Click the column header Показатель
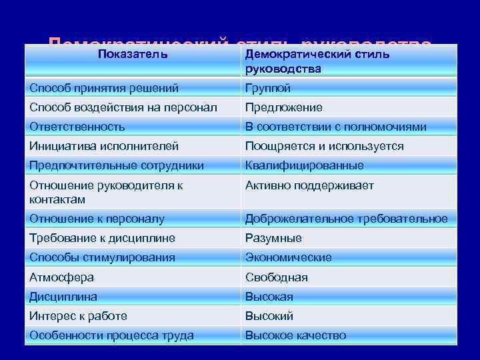133,53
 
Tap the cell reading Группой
268,88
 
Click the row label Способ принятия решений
104,88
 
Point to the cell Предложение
284,107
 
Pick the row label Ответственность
77,127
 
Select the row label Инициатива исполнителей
104,146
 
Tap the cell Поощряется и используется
324,146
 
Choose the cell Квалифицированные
304,165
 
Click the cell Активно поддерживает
309,185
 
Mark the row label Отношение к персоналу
97,219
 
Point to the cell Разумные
273,238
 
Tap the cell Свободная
276,277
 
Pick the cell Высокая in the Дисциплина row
269,297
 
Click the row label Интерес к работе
78,316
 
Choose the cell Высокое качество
295,335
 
